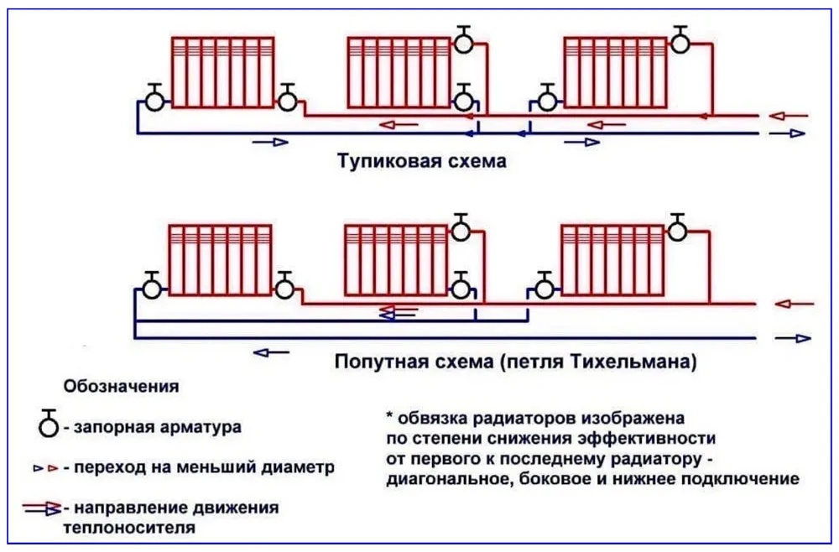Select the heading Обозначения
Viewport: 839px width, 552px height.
coord(121,386)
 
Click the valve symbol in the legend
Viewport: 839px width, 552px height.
coord(48,424)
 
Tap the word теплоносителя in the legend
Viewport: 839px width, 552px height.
coord(129,529)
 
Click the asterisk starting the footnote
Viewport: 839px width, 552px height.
coord(389,415)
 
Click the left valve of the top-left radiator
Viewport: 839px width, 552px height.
coord(154,98)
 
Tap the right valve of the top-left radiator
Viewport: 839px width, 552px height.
coord(287,98)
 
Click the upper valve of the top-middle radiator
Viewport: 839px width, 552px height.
coord(463,39)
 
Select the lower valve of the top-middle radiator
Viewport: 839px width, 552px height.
coord(463,98)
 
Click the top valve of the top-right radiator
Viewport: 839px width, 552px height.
coord(680,39)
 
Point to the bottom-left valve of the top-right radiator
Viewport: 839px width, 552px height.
coord(547,98)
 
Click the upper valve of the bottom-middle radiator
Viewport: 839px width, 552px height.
coord(461,227)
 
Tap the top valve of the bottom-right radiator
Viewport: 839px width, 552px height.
coord(677,227)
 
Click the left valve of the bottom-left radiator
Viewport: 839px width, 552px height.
coord(152,285)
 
